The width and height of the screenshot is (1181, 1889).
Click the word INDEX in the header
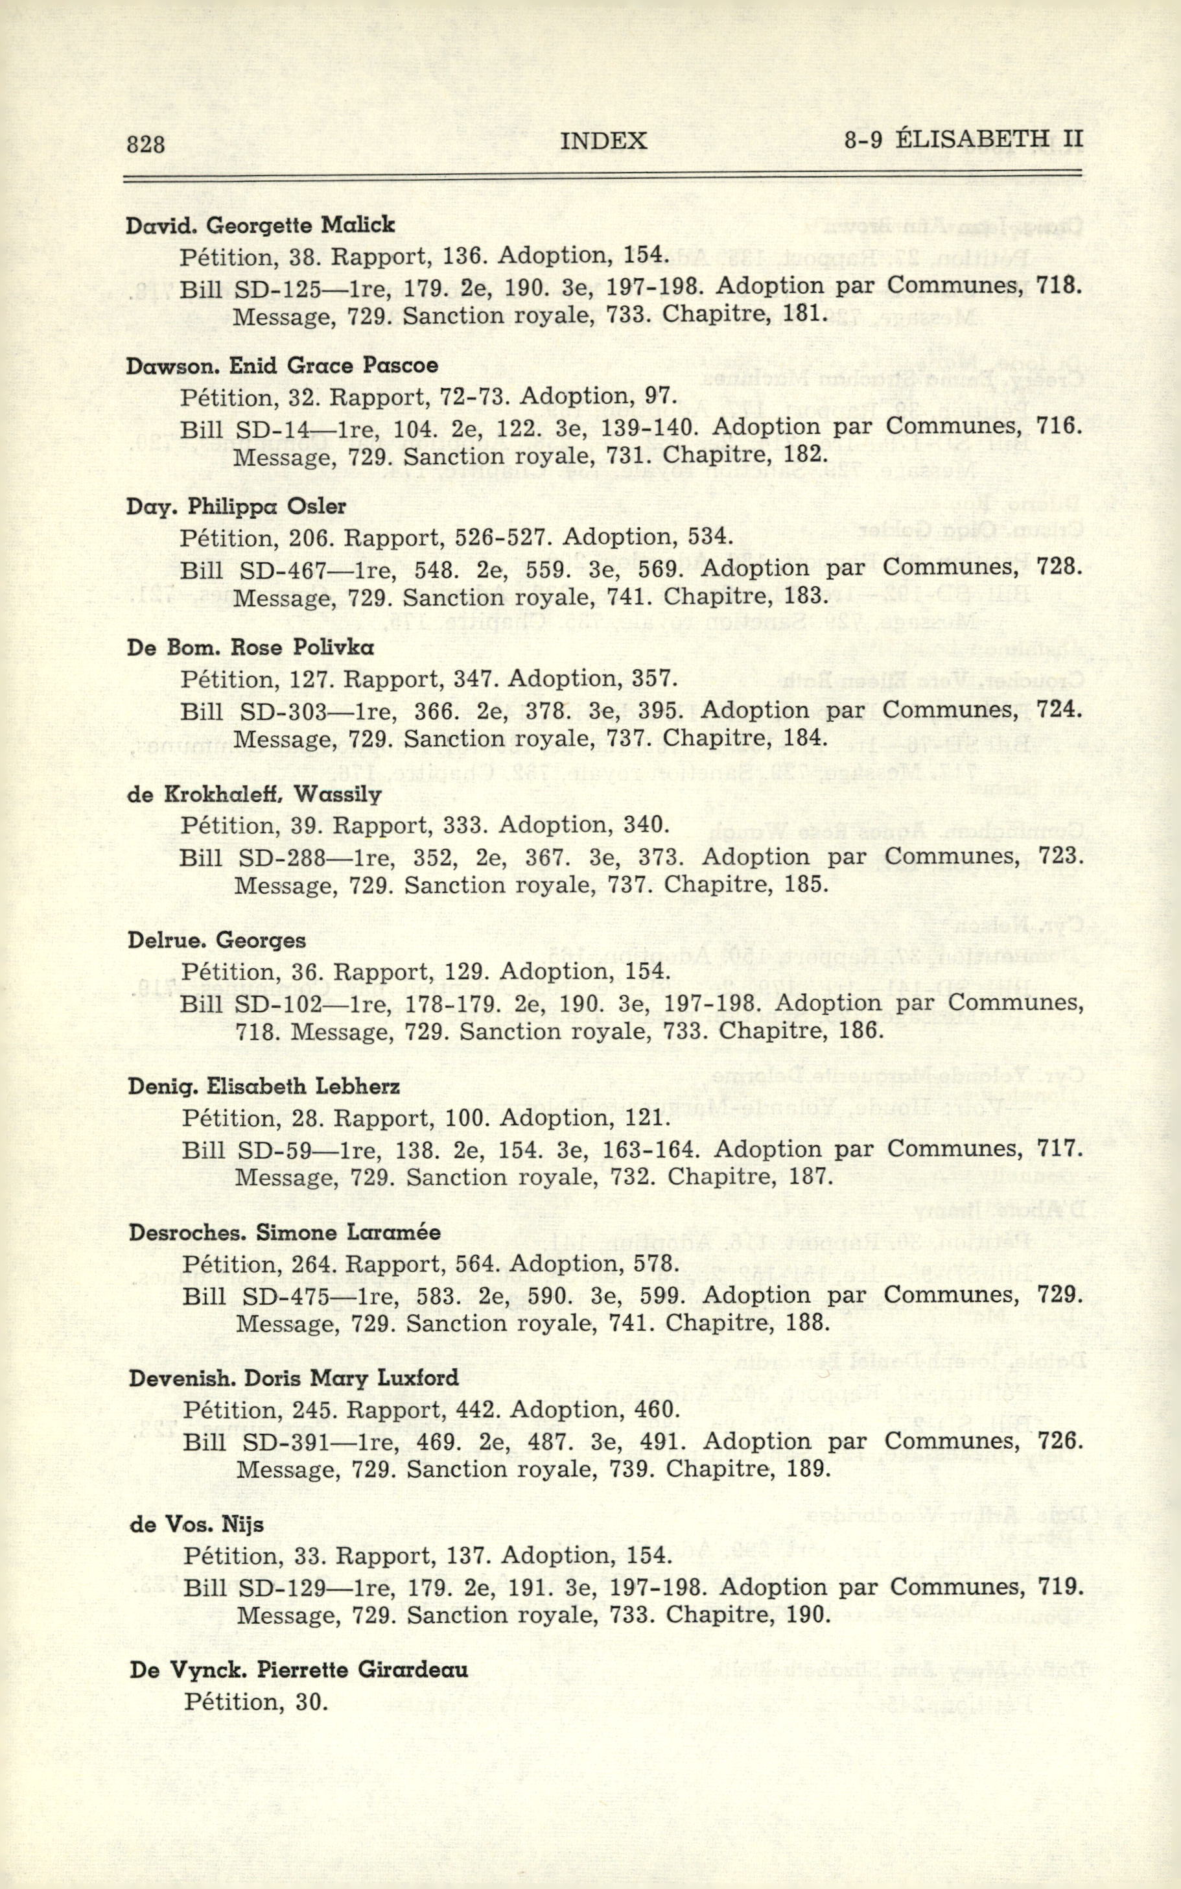click(x=603, y=141)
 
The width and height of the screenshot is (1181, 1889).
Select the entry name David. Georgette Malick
click(x=261, y=225)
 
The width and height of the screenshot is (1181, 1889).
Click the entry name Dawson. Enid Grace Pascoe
click(x=282, y=366)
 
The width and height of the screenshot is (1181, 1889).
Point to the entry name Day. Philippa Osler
click(x=236, y=506)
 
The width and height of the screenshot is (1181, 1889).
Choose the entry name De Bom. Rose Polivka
click(x=251, y=648)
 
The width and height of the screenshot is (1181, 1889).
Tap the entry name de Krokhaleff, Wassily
click(x=255, y=794)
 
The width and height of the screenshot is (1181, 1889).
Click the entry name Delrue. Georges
click(x=216, y=940)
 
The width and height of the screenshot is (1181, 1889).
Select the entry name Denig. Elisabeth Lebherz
click(x=264, y=1087)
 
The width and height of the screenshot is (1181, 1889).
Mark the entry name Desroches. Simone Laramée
click(x=285, y=1233)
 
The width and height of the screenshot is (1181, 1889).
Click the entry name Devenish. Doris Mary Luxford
click(x=294, y=1378)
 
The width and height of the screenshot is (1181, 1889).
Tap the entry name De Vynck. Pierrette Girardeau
click(x=299, y=1670)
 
